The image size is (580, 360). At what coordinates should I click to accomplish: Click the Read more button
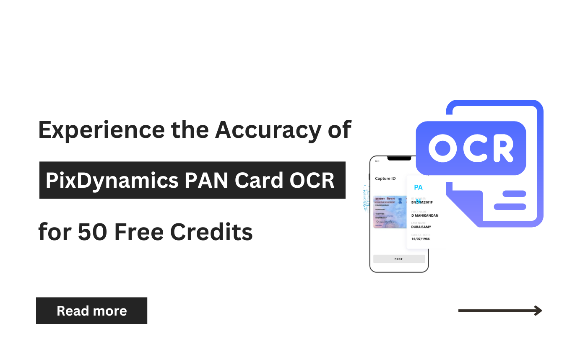click(x=91, y=311)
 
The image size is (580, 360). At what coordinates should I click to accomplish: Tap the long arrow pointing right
click(x=500, y=311)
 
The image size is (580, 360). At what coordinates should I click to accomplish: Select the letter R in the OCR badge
click(x=501, y=148)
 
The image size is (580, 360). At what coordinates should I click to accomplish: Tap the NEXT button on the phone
click(x=398, y=259)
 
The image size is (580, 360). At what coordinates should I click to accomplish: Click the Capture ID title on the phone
click(x=385, y=179)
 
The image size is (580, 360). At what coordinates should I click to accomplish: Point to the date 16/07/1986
click(x=420, y=239)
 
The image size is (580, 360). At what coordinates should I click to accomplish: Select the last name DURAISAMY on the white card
click(x=421, y=227)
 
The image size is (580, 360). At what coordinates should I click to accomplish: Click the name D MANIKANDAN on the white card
click(x=424, y=215)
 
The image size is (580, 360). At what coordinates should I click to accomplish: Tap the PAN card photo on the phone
click(x=390, y=212)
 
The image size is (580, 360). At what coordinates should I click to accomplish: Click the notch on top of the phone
click(x=399, y=158)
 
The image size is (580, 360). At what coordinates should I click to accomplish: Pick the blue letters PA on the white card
click(x=418, y=187)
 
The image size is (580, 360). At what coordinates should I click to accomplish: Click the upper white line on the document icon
click(x=510, y=194)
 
